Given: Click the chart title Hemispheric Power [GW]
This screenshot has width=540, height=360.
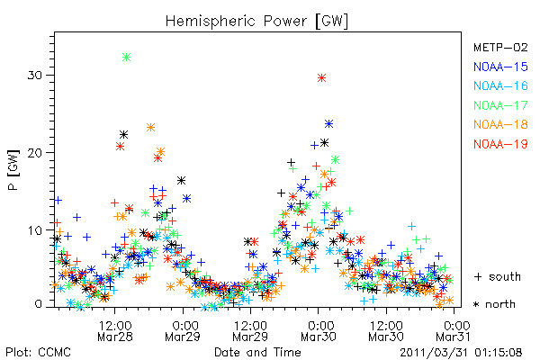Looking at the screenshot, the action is (x=256, y=22).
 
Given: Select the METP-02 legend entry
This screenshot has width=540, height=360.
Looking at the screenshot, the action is (x=500, y=47).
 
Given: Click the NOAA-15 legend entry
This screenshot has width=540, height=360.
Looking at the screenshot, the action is (x=500, y=67).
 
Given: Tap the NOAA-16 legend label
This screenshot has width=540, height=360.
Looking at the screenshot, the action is (x=500, y=85).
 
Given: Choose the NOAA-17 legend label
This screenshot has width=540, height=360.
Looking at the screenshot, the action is (x=500, y=105).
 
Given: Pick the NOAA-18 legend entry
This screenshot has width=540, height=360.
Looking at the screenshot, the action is (x=500, y=124).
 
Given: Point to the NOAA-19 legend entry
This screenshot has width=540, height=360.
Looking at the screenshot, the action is (x=500, y=144).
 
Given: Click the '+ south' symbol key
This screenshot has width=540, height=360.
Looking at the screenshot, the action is (x=498, y=276).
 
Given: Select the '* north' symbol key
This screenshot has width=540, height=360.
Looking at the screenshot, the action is (x=494, y=304).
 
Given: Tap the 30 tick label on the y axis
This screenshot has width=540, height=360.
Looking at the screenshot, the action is (x=35, y=75).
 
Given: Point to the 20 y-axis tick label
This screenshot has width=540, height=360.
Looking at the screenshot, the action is (x=35, y=153).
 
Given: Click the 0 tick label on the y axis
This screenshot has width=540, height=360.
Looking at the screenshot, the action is (x=39, y=304).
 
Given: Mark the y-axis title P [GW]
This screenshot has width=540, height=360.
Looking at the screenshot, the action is (x=14, y=170).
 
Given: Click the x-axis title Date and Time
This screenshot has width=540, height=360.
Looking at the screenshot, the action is (x=257, y=352).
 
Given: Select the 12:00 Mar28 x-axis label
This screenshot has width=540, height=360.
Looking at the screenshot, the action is (x=115, y=330).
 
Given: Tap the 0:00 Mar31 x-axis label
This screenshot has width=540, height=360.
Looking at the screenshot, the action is (x=454, y=330).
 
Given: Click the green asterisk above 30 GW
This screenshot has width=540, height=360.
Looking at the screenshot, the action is (x=126, y=57).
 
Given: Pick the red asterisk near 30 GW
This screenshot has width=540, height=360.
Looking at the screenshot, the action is (x=321, y=78).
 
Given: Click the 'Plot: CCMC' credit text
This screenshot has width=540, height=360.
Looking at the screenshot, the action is (x=38, y=352).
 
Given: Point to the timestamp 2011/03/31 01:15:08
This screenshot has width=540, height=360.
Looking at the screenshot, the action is (x=461, y=352).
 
